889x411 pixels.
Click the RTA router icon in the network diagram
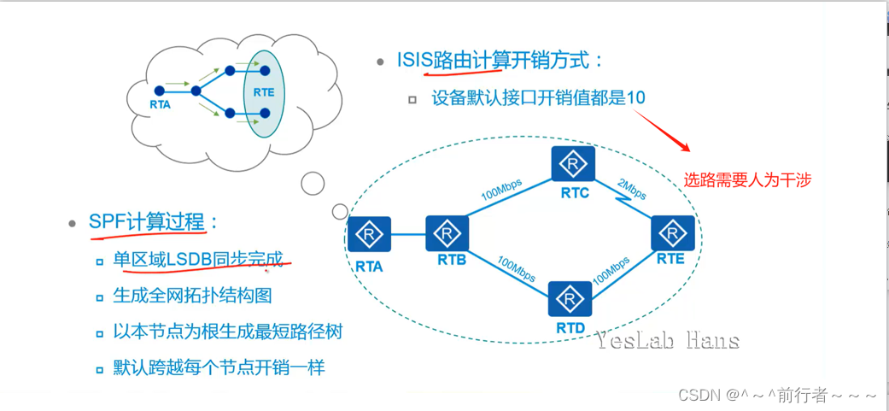pyautogui.click(x=369, y=234)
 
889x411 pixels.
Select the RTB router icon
pyautogui.click(x=447, y=233)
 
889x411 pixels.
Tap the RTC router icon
pyautogui.click(x=573, y=164)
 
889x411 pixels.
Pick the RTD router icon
pyautogui.click(x=569, y=299)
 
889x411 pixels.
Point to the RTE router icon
pyautogui.click(x=674, y=232)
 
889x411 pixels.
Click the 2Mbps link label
pyautogui.click(x=632, y=188)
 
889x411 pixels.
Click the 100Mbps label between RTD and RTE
pyautogui.click(x=613, y=269)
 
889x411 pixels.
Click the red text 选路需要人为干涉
pyautogui.click(x=746, y=179)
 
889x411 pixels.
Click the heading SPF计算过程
pyautogui.click(x=147, y=222)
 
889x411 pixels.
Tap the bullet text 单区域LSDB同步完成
pyautogui.click(x=198, y=259)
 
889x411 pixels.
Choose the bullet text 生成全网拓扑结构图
pyautogui.click(x=193, y=296)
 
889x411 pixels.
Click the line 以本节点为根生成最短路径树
pyautogui.click(x=228, y=332)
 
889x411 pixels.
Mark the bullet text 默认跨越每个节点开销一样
pyautogui.click(x=219, y=368)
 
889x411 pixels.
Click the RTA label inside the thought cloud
pyautogui.click(x=160, y=105)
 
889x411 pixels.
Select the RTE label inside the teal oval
pyautogui.click(x=264, y=92)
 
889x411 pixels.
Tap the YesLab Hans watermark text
pyautogui.click(x=667, y=342)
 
